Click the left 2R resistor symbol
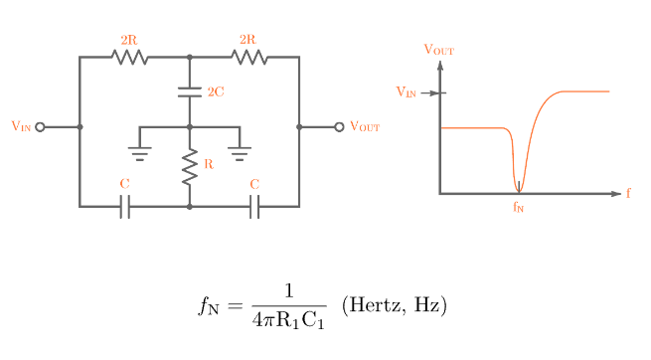[x=129, y=58]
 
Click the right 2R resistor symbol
[x=249, y=58]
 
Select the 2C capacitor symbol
[x=189, y=91]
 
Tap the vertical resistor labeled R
[x=189, y=167]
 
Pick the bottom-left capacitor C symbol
[x=124, y=207]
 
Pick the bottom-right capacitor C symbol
[x=254, y=207]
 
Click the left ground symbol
[x=139, y=153]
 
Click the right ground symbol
[x=240, y=153]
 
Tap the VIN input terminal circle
[x=40, y=127]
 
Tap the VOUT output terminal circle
[x=339, y=127]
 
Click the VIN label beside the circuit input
[x=21, y=126]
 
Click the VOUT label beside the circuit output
[x=365, y=127]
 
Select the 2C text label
[x=216, y=91]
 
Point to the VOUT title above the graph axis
[x=439, y=49]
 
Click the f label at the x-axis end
[x=628, y=193]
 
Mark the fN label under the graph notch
[x=518, y=208]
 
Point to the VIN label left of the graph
[x=407, y=92]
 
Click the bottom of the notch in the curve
[x=518, y=189]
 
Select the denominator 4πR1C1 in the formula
[x=288, y=321]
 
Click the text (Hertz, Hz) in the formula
[x=395, y=305]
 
